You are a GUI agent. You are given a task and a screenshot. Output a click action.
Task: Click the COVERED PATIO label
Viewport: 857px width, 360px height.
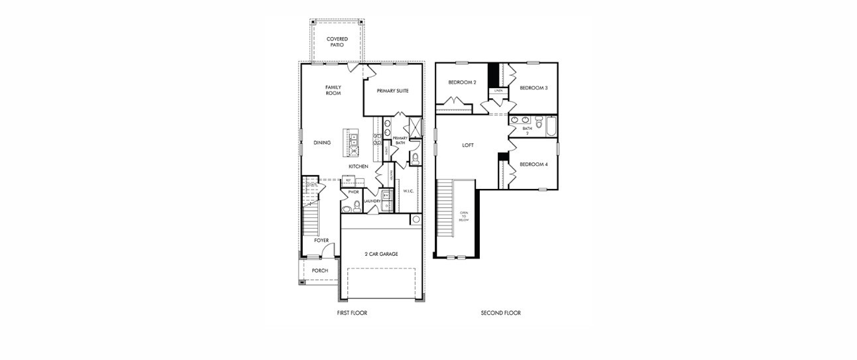click(337, 42)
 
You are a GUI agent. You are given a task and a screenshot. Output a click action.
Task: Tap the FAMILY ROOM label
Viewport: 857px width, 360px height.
click(333, 90)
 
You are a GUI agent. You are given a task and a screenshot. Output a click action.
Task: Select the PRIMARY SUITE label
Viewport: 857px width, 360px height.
click(392, 91)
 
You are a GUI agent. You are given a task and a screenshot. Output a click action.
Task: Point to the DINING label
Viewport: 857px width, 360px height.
click(322, 143)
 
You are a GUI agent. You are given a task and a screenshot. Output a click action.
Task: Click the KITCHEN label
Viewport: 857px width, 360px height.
click(359, 166)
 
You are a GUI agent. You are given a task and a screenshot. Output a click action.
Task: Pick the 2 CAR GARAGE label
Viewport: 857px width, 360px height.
click(380, 254)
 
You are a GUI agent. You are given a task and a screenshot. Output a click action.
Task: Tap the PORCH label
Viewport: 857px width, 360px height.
click(320, 270)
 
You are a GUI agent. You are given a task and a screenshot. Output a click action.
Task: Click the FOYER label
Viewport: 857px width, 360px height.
click(321, 240)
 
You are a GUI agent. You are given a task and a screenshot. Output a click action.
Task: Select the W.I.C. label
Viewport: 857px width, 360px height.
click(408, 192)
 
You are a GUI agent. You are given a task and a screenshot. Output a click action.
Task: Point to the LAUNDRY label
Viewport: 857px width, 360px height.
click(372, 202)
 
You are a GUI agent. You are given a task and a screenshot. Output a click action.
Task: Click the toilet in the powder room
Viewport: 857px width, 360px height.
click(357, 206)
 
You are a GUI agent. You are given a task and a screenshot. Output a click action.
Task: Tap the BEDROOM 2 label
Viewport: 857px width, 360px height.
click(462, 82)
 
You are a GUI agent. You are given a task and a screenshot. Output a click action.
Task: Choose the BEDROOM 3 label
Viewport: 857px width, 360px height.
click(534, 88)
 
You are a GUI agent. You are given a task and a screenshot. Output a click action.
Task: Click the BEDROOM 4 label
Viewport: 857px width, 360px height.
click(533, 164)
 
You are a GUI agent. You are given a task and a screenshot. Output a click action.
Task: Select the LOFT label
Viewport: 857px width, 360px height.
click(468, 145)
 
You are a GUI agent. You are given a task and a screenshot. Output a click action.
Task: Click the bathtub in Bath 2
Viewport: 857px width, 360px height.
click(551, 126)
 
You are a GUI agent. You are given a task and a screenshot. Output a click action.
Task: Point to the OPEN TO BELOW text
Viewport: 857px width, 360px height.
click(464, 217)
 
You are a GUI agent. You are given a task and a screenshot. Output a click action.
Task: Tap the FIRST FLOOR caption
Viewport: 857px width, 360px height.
click(352, 313)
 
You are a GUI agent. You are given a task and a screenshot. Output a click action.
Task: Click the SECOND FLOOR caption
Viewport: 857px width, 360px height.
click(500, 313)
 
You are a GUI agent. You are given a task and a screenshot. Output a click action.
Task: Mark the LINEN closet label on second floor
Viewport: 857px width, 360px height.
click(497, 90)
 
